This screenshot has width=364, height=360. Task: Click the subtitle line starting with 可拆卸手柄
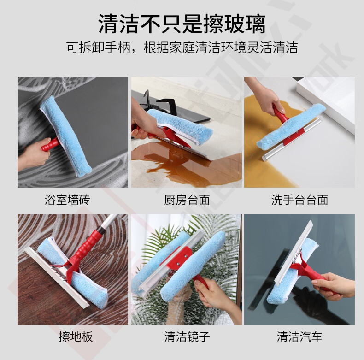point(182,47)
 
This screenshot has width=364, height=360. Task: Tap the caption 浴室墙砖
point(67,200)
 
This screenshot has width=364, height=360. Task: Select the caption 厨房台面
point(187,200)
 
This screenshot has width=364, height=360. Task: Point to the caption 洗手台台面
point(299,200)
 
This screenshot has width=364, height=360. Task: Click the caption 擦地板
point(76,336)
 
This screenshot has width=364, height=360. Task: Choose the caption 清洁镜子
point(187,336)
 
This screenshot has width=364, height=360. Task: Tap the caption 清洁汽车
point(299,336)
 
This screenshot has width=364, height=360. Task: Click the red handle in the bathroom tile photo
point(50,144)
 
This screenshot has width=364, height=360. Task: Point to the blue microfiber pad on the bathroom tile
point(66,137)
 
